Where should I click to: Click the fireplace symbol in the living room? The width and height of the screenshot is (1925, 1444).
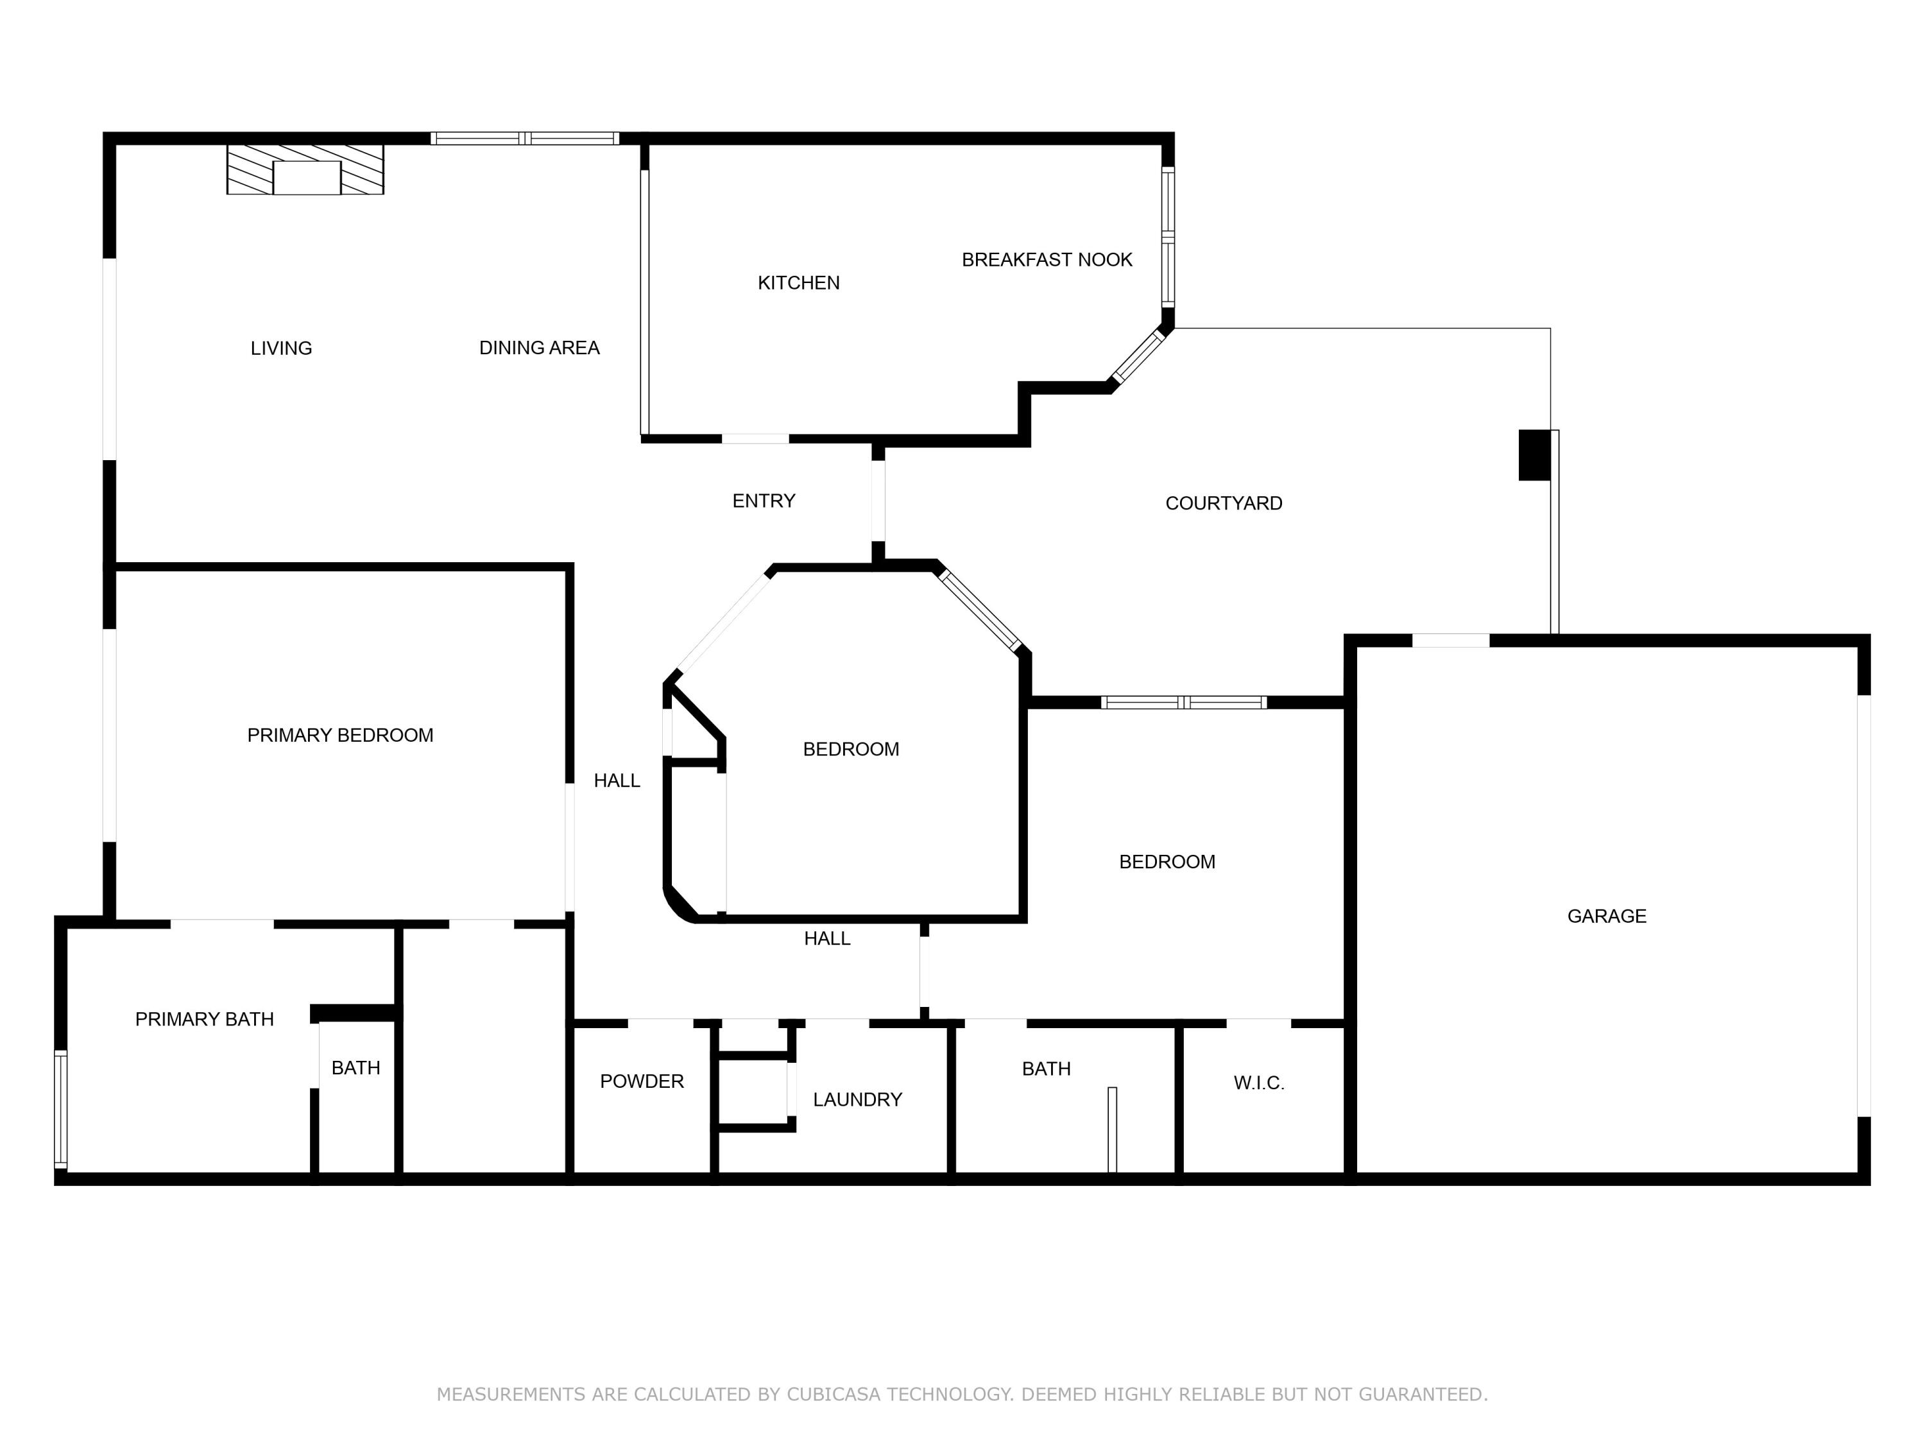305,169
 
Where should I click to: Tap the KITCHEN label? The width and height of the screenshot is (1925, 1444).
798,283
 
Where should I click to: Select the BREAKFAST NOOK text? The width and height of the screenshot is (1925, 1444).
1047,259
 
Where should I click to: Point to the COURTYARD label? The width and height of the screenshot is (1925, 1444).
1224,503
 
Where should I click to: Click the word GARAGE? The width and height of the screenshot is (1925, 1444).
1607,916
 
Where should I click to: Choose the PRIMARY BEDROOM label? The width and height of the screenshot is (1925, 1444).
340,735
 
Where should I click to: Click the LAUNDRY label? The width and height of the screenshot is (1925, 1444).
857,1099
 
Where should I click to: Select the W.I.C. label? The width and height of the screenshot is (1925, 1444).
1259,1083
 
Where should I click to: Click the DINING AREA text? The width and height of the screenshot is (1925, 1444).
540,347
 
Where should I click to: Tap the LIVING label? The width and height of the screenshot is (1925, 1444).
281,348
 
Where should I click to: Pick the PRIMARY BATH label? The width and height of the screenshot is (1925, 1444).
205,1019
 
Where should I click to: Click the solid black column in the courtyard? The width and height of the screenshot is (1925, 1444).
1534,454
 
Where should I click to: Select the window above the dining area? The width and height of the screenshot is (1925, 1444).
525,139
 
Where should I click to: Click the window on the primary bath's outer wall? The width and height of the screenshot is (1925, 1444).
61,1109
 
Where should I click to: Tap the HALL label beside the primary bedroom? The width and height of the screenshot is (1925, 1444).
617,781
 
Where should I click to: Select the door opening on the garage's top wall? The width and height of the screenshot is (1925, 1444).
1451,640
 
